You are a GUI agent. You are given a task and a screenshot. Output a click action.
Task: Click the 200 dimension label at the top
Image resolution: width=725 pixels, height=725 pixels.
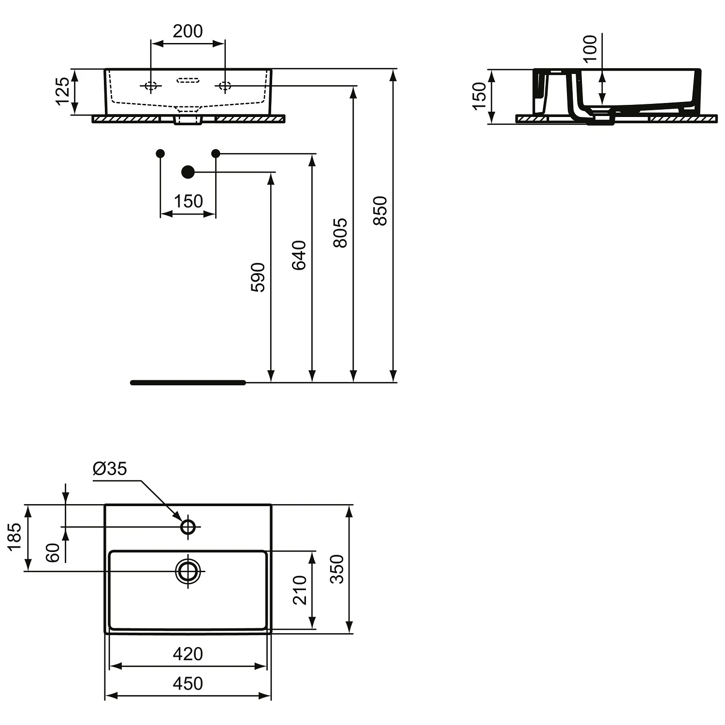[x=188, y=31]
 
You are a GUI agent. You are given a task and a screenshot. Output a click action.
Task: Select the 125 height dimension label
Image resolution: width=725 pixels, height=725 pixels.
[x=63, y=91]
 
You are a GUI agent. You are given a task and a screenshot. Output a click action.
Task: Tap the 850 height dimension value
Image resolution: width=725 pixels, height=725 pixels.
[x=380, y=210]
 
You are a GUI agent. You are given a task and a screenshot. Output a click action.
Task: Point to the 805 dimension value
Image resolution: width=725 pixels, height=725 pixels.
[x=340, y=232]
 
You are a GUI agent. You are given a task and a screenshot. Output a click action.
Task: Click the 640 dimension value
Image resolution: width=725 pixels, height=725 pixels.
[x=299, y=255]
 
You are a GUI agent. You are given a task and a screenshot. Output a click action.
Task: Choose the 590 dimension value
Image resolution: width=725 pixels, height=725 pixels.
[x=258, y=277]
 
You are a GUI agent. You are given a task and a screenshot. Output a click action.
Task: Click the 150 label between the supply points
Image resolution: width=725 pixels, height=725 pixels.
[x=188, y=201]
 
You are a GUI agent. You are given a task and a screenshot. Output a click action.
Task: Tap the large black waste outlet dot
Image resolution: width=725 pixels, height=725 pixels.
[x=188, y=172]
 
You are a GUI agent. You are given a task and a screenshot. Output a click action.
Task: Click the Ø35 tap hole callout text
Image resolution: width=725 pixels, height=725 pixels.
[x=110, y=468]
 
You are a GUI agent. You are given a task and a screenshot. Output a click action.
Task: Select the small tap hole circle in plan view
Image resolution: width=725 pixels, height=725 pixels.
[x=188, y=526]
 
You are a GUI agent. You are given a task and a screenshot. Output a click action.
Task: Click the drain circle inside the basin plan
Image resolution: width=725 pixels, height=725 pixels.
[x=188, y=571]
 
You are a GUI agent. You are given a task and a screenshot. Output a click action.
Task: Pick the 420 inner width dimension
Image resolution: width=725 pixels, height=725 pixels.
[x=188, y=654]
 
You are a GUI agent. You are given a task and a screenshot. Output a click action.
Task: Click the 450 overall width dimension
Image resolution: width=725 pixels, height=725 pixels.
[x=188, y=683]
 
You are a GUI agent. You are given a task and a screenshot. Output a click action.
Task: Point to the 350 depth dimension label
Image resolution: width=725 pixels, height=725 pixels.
[x=337, y=569]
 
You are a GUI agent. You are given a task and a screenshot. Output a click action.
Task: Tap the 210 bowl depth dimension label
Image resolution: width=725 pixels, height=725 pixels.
[x=300, y=590]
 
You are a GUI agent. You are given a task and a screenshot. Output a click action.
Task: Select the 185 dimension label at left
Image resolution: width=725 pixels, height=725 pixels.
[x=14, y=536]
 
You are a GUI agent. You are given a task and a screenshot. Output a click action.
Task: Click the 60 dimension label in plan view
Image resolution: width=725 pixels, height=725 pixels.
[x=53, y=552]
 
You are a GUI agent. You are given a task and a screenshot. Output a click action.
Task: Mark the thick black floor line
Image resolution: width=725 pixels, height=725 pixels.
[x=188, y=383]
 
